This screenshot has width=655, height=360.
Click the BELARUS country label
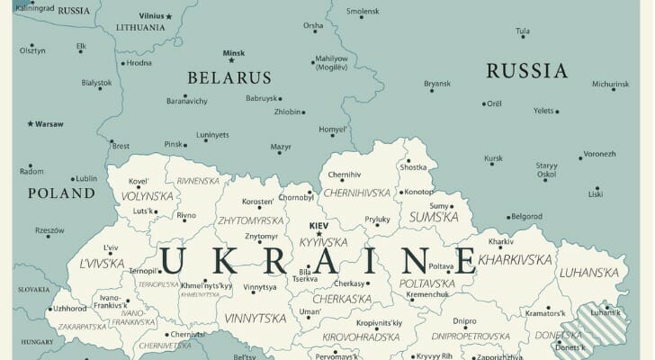[229, 77]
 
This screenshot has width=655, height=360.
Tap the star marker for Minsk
[229, 60]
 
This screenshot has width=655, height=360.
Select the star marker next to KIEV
[319, 234]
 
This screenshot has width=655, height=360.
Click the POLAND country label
[61, 193]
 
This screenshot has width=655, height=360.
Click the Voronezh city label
[599, 153]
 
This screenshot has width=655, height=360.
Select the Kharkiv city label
[500, 242]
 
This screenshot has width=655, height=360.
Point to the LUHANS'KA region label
[589, 272]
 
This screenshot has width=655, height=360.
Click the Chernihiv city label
[344, 175]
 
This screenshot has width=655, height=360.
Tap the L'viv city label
[111, 247]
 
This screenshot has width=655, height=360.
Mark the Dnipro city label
[464, 320]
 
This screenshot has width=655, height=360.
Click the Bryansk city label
[437, 84]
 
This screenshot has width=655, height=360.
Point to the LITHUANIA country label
[139, 27]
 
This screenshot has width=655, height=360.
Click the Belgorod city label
[526, 217]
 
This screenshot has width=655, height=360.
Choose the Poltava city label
[441, 266]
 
